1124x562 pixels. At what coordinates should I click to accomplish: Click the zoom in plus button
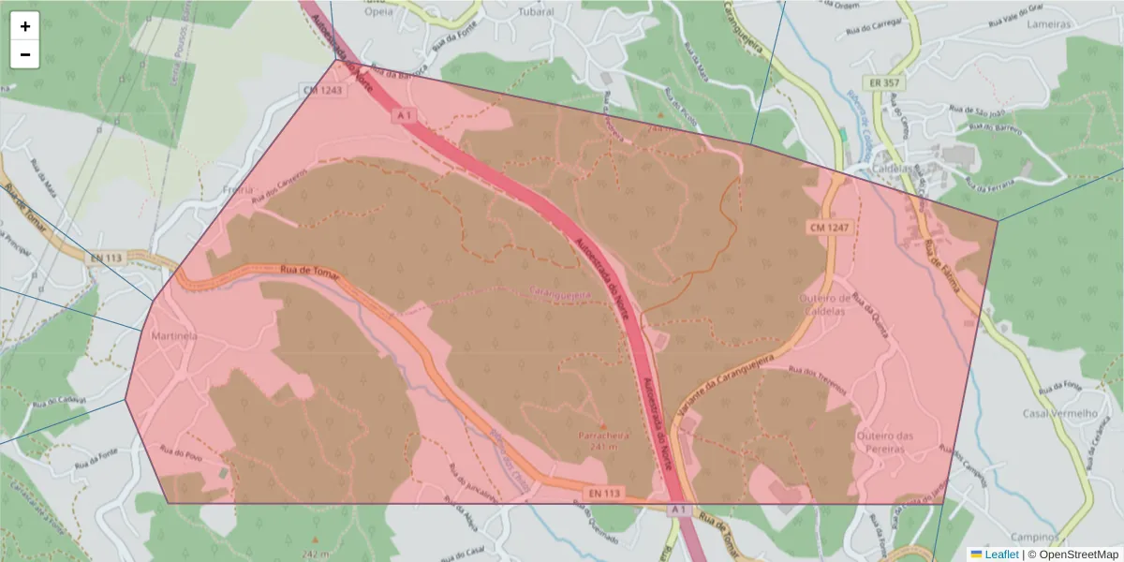[x=25, y=26]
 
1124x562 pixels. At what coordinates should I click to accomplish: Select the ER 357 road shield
[x=884, y=83]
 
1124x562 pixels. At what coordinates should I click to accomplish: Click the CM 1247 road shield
[x=829, y=228]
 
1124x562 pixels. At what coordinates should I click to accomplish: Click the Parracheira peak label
[x=602, y=436]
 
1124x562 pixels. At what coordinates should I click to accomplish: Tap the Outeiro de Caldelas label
[x=822, y=303]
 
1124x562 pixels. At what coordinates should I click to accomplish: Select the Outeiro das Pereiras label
[x=884, y=442]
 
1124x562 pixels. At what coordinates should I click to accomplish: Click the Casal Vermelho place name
[x=1059, y=413]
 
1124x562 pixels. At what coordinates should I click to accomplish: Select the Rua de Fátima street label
[x=942, y=265]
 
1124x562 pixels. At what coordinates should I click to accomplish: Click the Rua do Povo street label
[x=182, y=455]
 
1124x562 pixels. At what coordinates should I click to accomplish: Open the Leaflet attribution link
[x=1001, y=555]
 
